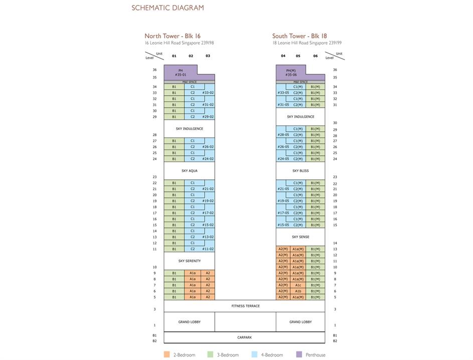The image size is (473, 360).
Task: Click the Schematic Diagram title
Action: [168, 8]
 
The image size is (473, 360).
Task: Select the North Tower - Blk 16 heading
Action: [173, 36]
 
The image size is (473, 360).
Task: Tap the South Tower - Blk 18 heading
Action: [299, 36]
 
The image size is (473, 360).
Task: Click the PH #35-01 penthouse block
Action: [181, 72]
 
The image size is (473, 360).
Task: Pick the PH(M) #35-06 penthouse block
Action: [291, 72]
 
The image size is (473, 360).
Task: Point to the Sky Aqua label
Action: [190, 171]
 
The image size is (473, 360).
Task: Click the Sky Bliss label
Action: [300, 171]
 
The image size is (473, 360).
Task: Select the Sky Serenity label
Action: [190, 261]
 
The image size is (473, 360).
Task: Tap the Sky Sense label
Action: [300, 237]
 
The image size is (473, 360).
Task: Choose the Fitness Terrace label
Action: [245, 306]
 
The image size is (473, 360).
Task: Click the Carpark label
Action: [245, 337]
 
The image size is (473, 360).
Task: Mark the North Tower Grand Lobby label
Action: [190, 322]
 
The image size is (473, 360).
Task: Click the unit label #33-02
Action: [208, 93]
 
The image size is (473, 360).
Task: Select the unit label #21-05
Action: [283, 189]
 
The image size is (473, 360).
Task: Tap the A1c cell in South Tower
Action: [298, 285]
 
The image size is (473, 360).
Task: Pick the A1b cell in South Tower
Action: [298, 291]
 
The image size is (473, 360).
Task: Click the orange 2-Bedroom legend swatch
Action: [167, 354]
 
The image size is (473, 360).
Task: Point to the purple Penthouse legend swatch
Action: [299, 354]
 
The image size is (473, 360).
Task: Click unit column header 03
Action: [208, 56]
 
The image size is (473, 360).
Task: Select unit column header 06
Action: [315, 56]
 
